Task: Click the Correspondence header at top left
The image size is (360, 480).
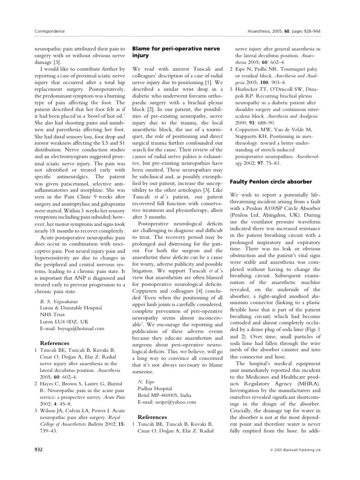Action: (x=50, y=31)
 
